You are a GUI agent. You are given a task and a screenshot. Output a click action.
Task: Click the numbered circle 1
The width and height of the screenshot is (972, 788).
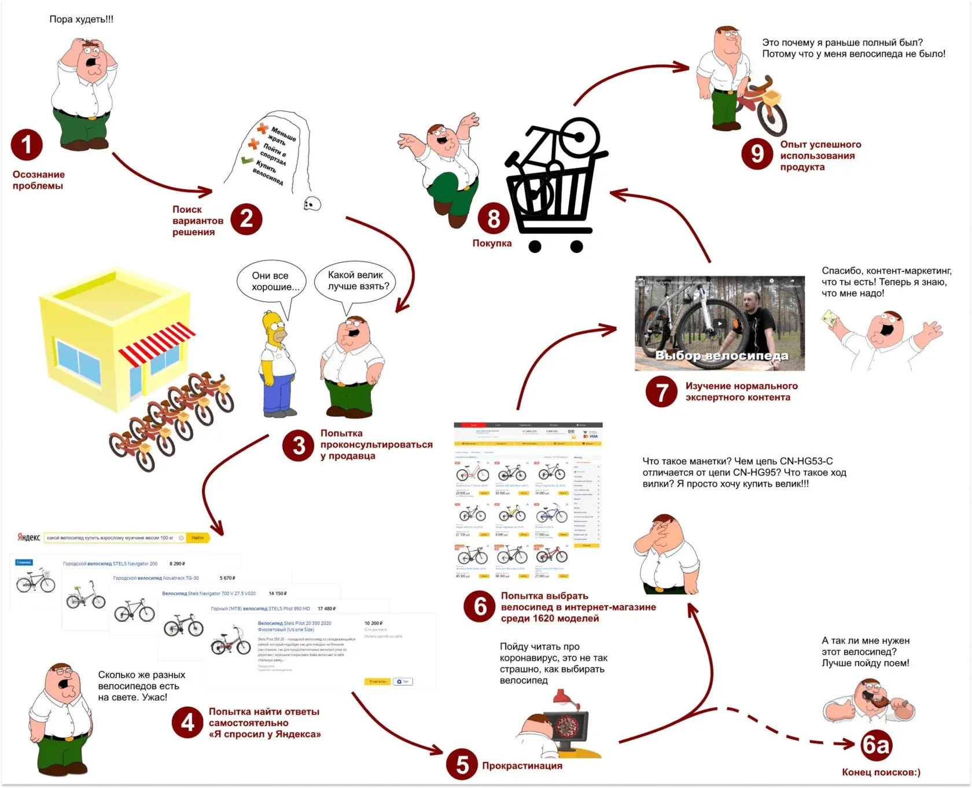click(x=27, y=145)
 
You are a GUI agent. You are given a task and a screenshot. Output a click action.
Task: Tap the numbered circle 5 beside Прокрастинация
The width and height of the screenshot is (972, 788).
click(x=462, y=764)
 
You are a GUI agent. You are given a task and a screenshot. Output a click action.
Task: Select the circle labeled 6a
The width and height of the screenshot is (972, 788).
click(x=875, y=745)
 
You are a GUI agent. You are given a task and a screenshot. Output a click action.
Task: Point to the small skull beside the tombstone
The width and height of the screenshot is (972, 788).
click(x=312, y=203)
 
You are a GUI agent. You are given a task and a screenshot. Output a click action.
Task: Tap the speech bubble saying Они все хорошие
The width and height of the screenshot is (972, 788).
click(x=270, y=282)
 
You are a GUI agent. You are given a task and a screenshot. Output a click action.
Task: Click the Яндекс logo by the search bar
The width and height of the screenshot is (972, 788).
click(x=28, y=537)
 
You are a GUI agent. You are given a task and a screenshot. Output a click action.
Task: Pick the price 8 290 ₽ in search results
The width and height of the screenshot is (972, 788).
click(x=177, y=564)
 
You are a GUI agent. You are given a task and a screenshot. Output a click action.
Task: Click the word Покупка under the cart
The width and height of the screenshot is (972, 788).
click(x=492, y=244)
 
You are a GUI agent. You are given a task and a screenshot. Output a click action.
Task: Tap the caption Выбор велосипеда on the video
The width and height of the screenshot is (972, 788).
click(x=721, y=355)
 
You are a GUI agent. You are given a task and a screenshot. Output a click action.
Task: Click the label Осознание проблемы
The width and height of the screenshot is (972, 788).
click(x=38, y=180)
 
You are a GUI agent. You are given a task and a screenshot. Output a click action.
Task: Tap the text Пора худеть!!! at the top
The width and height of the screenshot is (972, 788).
click(x=81, y=19)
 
